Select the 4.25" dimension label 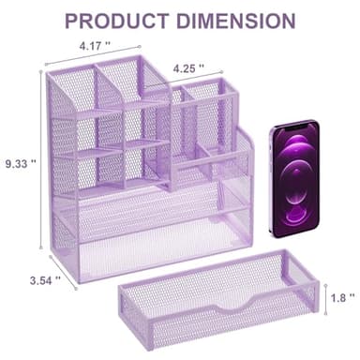[192, 67]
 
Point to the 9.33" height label [18, 161]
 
